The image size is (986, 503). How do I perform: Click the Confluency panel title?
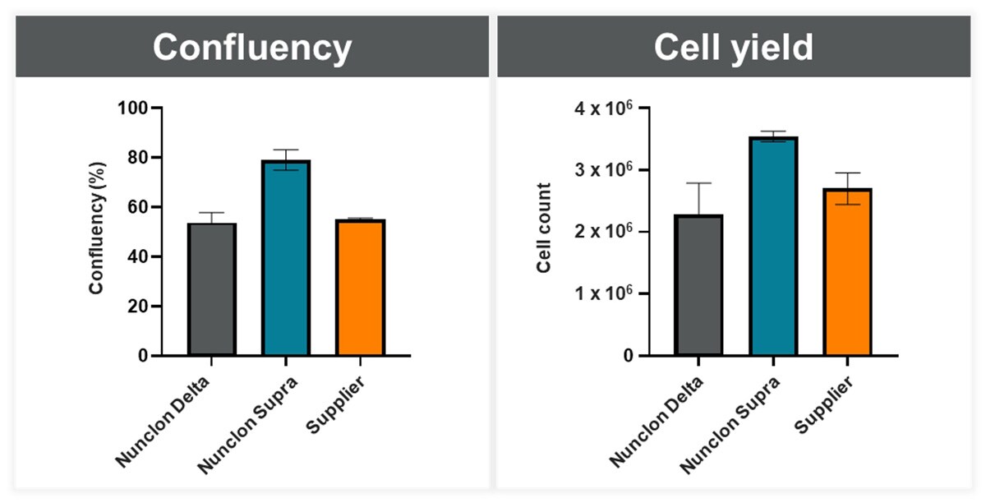[x=251, y=48]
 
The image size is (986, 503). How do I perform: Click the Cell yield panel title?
[x=733, y=48]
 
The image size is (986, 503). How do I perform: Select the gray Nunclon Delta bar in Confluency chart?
[x=212, y=289]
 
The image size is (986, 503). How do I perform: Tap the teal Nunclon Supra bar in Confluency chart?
[x=286, y=258]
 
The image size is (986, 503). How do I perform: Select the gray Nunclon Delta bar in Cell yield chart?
[x=698, y=285]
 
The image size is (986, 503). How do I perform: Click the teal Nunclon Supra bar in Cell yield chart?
[x=773, y=247]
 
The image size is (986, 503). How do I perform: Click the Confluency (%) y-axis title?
[x=96, y=232]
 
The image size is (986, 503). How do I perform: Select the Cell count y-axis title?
[x=544, y=232]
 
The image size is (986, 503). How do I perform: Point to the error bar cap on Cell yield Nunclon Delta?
[x=698, y=183]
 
